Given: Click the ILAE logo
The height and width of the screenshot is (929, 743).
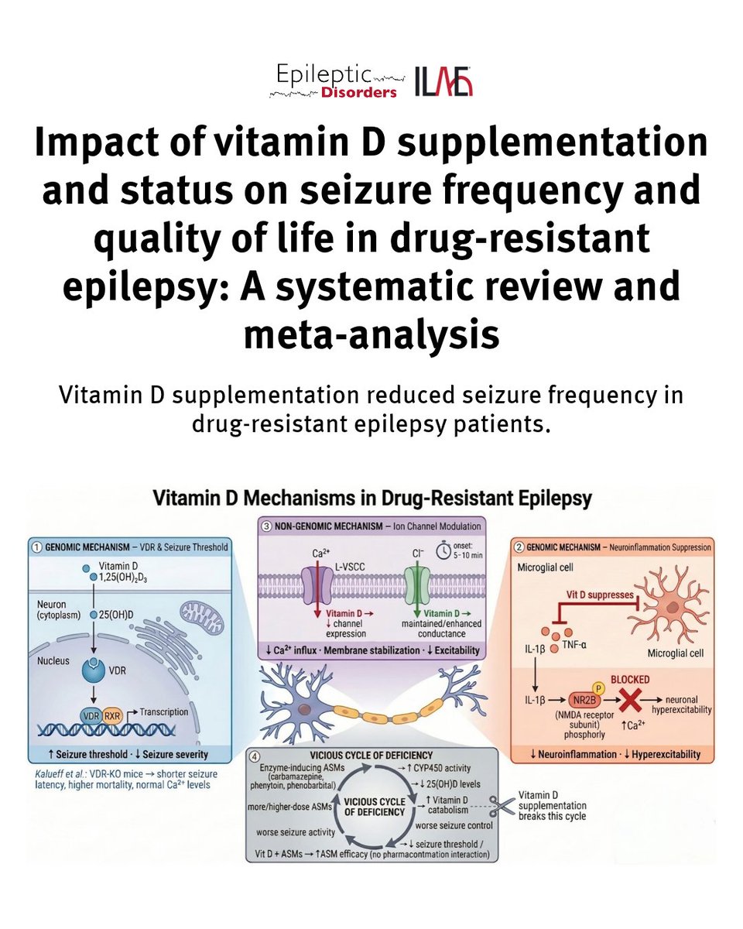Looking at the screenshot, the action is click(443, 81).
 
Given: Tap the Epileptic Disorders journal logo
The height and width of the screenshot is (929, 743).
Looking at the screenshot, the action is click(337, 81).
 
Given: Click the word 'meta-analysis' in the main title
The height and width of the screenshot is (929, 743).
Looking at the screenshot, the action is click(371, 334).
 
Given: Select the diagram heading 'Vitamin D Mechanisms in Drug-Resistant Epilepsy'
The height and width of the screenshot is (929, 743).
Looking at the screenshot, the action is click(372, 498).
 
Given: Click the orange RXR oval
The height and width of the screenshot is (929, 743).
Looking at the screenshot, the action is click(112, 716).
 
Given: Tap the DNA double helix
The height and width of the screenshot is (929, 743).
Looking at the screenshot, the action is click(106, 729).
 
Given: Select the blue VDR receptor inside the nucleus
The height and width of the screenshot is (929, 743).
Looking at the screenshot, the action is click(93, 670).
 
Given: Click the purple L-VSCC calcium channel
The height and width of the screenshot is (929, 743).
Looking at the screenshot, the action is click(318, 585).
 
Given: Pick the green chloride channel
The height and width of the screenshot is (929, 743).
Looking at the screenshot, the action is click(417, 585).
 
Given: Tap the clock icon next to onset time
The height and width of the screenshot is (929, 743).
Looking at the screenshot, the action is click(443, 551).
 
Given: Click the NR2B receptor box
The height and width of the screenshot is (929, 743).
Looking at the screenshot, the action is click(584, 700).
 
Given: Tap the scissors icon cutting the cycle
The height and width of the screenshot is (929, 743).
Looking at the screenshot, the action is click(502, 807).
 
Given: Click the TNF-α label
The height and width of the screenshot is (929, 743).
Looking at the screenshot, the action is click(574, 646).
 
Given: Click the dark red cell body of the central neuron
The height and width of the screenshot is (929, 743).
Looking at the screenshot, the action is click(305, 709).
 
